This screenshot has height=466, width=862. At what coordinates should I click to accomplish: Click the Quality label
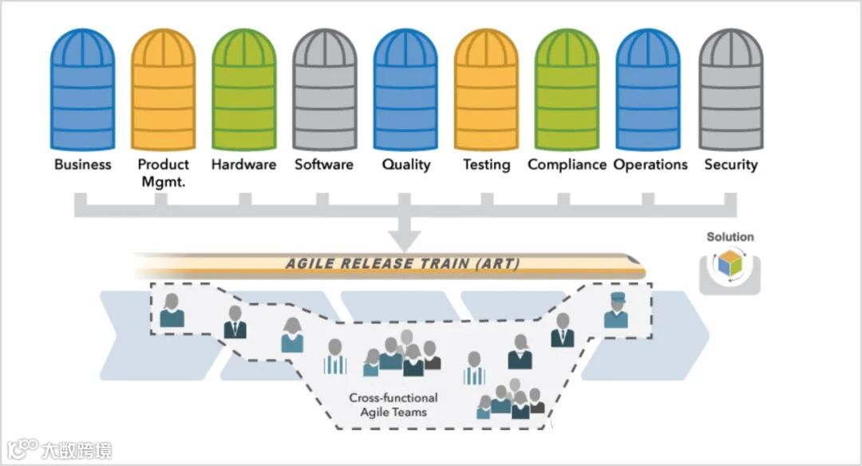click(x=405, y=165)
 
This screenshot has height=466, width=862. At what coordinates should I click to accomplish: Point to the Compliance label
click(x=567, y=165)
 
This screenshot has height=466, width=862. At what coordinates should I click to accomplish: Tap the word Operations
click(x=650, y=165)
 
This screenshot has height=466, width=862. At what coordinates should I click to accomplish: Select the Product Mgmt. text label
click(x=163, y=172)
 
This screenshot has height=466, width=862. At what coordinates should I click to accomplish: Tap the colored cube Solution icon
click(x=730, y=265)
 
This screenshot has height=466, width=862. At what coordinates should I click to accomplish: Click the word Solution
click(x=730, y=237)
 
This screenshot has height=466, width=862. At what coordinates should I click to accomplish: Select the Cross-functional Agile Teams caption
click(x=393, y=405)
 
